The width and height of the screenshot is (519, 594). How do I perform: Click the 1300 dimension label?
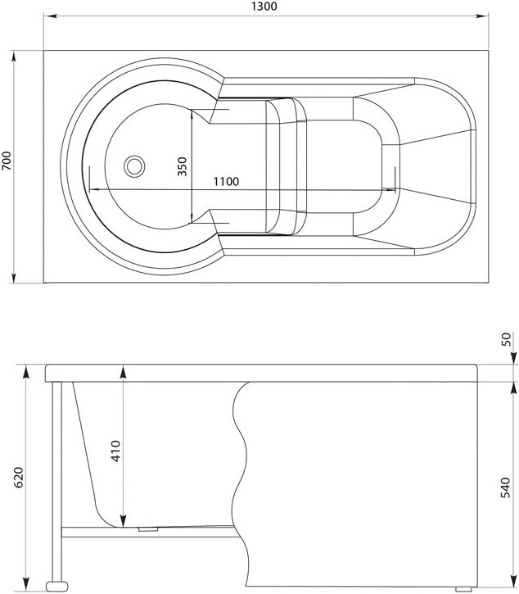click(x=264, y=7)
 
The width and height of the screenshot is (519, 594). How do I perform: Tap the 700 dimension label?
click(x=7, y=161)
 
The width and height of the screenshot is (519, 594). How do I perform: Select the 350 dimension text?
click(x=183, y=166)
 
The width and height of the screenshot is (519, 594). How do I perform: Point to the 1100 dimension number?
click(x=226, y=182)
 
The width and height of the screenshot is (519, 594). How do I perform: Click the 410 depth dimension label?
click(x=116, y=451)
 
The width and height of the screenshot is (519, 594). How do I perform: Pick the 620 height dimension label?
click(x=19, y=478)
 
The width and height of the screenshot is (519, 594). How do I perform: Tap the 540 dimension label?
click(x=505, y=488)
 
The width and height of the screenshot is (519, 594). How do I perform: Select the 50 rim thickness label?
click(x=506, y=339)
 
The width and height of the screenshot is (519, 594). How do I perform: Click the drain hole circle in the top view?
click(x=134, y=166)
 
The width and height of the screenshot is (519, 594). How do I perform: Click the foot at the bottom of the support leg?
click(x=57, y=586)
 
